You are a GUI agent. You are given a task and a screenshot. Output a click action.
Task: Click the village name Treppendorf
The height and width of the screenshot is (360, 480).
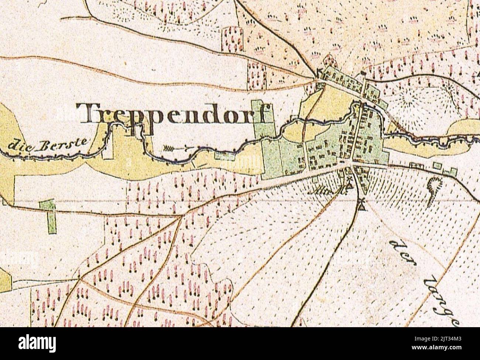pos(176,114)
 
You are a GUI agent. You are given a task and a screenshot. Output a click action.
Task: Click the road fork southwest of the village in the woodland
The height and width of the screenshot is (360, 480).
pos(180,218)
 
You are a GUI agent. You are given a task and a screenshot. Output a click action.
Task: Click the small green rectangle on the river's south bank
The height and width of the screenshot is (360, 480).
pos(222,154)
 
